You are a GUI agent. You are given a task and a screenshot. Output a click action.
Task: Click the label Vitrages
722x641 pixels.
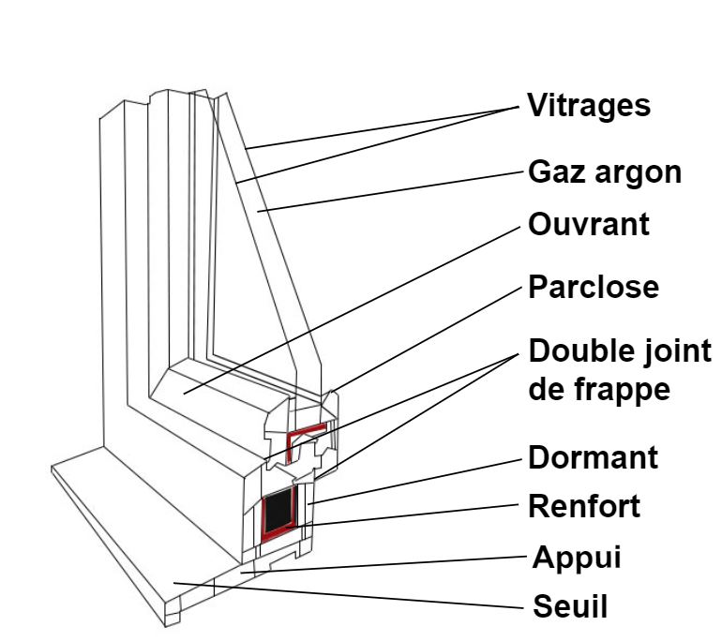[x=588, y=105]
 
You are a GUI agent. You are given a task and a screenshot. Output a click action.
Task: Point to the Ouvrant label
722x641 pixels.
[x=589, y=226]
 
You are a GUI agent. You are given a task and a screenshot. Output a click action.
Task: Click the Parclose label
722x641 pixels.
[x=594, y=287]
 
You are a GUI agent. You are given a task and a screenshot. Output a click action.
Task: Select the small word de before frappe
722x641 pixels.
[x=549, y=388]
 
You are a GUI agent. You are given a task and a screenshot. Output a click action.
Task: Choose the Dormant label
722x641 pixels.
[x=594, y=458]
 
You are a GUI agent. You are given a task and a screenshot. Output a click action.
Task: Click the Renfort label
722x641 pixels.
[x=585, y=507]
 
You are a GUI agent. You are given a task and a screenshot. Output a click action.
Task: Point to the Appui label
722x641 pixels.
[x=577, y=559]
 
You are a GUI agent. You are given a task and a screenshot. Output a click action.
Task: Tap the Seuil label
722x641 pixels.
[x=570, y=606]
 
